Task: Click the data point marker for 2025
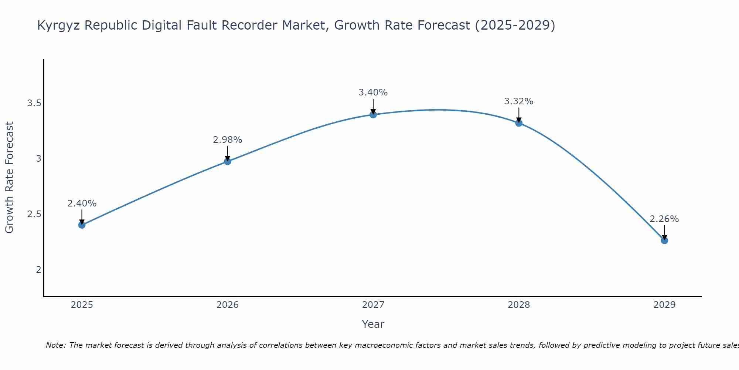[82, 225]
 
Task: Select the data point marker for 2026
[228, 161]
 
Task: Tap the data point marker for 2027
[373, 115]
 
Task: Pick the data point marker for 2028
[519, 123]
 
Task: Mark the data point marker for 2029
[664, 240]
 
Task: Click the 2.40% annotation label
[82, 203]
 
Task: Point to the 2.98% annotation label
[228, 140]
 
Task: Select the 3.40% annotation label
[373, 92]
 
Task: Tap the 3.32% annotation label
[519, 101]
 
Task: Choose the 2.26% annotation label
[664, 219]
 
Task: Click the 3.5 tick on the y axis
[34, 103]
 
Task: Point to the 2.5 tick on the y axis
[34, 214]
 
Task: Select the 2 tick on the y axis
[38, 270]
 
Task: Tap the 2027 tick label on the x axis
[373, 305]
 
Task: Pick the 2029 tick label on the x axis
[664, 305]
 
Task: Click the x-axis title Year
[373, 324]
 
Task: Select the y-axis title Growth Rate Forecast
[10, 178]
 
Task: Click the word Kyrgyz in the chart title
[59, 26]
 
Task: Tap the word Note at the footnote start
[55, 345]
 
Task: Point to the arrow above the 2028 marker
[519, 115]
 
